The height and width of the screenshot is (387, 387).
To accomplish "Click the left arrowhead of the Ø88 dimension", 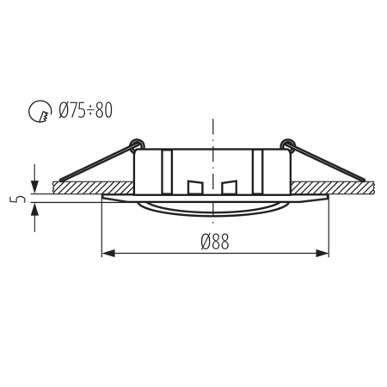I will tap(107, 254).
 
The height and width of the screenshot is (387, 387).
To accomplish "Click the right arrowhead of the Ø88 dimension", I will tap(324, 254).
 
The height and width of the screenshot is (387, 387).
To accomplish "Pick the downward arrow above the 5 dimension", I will tap(34, 185).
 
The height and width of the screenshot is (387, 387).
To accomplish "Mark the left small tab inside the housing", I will tap(194, 187).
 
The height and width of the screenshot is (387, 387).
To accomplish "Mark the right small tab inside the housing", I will tap(228, 187).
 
